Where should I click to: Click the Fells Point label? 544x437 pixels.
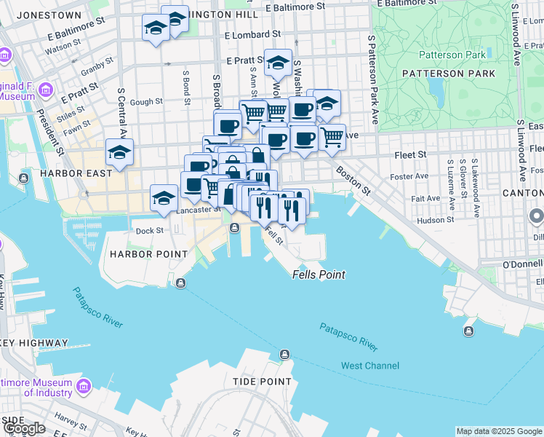click(x=319, y=275)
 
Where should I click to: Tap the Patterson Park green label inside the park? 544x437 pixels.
click(x=452, y=55)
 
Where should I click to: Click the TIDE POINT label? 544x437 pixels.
click(x=262, y=382)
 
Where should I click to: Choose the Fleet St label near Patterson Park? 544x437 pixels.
click(x=410, y=154)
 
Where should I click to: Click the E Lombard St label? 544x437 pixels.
click(x=253, y=34)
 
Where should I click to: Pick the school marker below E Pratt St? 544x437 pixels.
click(x=278, y=63)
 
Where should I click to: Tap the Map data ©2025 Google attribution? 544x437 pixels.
click(x=498, y=431)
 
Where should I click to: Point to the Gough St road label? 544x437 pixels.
click(x=148, y=102)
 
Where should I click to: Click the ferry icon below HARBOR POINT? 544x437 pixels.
click(x=180, y=283)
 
